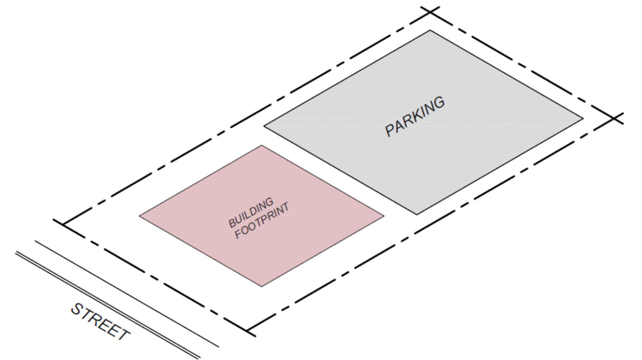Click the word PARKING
pyautogui.click(x=415, y=116)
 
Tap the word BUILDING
pyautogui.click(x=251, y=213)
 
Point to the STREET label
pyautogui.click(x=100, y=322)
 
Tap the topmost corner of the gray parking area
pyautogui.click(x=430, y=30)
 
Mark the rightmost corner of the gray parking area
pyautogui.click(x=583, y=118)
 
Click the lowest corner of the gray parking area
pyautogui.click(x=417, y=215)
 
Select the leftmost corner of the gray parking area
pyautogui.click(x=264, y=126)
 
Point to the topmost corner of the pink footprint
pyautogui.click(x=262, y=146)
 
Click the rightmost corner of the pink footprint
pyautogui.click(x=384, y=216)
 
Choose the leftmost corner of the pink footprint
pyautogui.click(x=140, y=216)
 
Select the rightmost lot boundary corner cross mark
pyautogui.click(x=615, y=118)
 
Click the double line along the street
pyautogui.click(x=108, y=306)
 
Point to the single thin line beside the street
pyautogui.click(x=126, y=294)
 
